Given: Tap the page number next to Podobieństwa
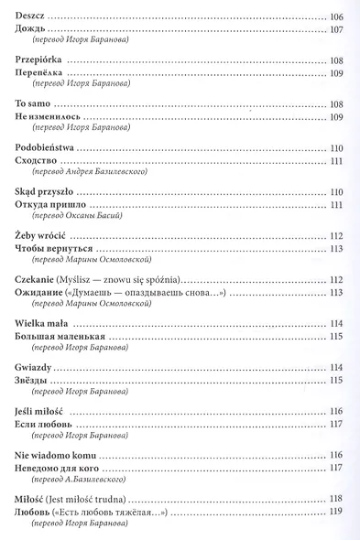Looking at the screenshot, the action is click(x=336, y=148).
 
